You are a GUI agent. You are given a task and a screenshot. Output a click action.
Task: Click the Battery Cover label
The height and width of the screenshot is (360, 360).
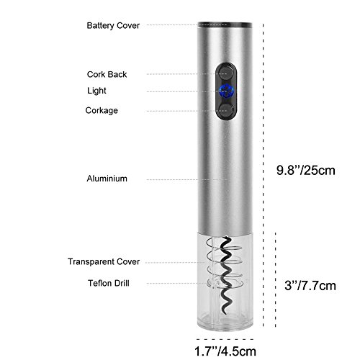[113, 25]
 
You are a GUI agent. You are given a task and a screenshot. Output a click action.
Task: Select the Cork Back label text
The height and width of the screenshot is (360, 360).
[107, 74]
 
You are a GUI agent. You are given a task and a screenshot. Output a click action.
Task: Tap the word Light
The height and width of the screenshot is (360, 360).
[96, 91]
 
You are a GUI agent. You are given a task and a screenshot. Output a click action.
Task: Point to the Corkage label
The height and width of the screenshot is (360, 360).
[102, 111]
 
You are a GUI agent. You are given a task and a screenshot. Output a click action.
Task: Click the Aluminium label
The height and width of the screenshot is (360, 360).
[107, 179]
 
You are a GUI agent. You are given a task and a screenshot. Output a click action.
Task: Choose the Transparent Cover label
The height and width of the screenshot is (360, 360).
[104, 261]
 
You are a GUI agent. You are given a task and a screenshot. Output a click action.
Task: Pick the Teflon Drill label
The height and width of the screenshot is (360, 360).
[109, 283]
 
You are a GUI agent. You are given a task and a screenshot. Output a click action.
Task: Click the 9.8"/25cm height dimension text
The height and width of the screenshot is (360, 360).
[305, 171]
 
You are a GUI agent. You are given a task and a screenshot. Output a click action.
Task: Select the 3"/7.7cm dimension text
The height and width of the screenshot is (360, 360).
[310, 286]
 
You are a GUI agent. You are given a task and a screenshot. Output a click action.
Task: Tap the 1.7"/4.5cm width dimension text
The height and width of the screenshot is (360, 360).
[225, 351]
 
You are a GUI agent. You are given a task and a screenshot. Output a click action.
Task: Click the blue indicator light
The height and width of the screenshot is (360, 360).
[226, 91]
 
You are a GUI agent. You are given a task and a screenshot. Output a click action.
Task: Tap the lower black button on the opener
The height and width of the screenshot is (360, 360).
[226, 110]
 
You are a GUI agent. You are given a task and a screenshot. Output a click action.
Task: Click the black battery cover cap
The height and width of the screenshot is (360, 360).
[225, 25]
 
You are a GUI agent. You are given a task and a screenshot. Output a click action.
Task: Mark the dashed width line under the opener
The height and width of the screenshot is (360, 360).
[225, 339]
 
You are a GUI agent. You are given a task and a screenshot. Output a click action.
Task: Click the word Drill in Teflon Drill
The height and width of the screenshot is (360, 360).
[122, 283]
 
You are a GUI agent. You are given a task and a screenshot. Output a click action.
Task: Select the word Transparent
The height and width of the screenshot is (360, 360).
[90, 261]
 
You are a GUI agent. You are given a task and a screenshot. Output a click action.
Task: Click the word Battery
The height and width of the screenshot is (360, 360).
[101, 25]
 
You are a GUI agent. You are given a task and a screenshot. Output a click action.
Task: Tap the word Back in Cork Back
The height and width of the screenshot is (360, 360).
[117, 74]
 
